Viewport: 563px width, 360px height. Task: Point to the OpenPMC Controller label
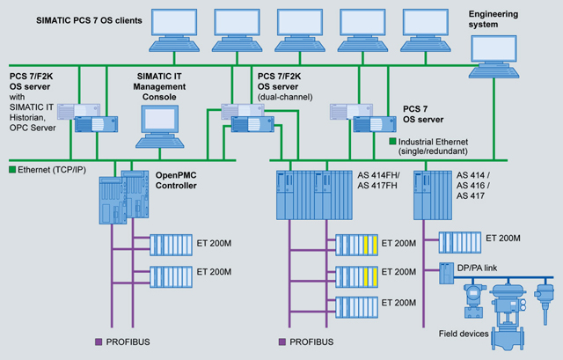(178, 181)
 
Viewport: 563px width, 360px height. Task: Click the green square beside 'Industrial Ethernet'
(392, 141)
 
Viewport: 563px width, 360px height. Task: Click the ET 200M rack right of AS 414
(457, 240)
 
